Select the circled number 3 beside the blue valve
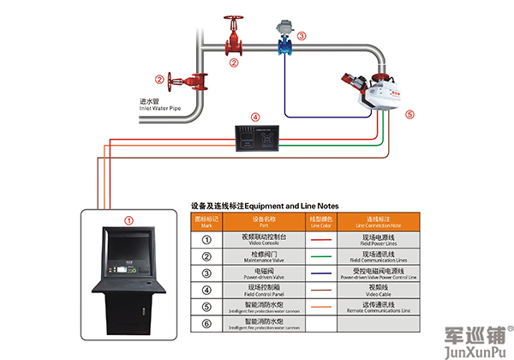302,35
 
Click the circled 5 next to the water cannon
409,112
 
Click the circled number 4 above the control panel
254,116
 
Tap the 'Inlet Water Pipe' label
159,109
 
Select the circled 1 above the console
128,220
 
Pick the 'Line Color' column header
320,222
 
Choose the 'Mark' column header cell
206,222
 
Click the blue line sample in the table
320,273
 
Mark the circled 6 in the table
206,325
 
